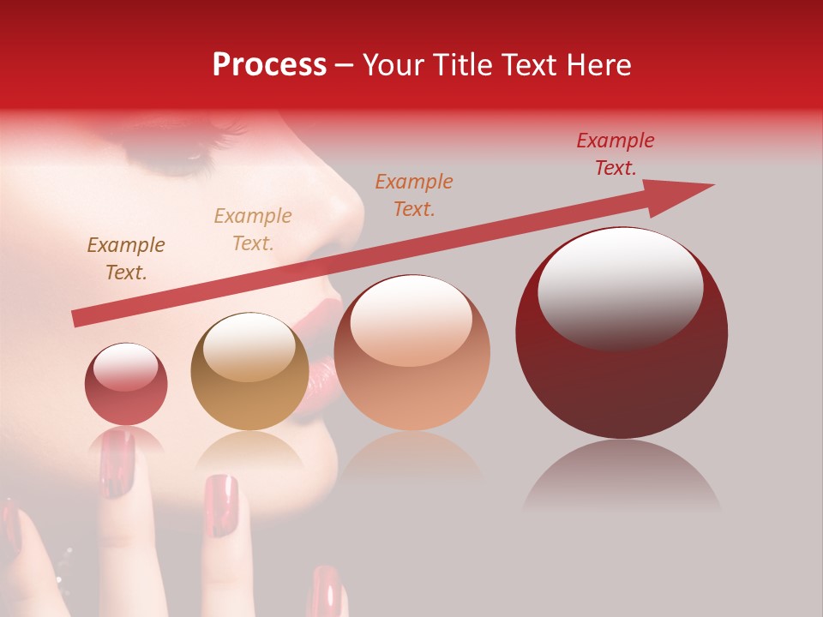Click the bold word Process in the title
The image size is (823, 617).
point(269,65)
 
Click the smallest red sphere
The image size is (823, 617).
point(126,384)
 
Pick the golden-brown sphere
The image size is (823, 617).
point(249,372)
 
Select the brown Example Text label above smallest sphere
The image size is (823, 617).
point(125,259)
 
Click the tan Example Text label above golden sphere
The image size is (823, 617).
point(253,230)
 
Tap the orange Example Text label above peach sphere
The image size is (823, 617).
point(414,195)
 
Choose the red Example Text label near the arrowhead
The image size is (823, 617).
point(616,154)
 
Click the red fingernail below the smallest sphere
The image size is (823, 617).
point(117,463)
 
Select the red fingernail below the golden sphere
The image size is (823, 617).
point(221,506)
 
